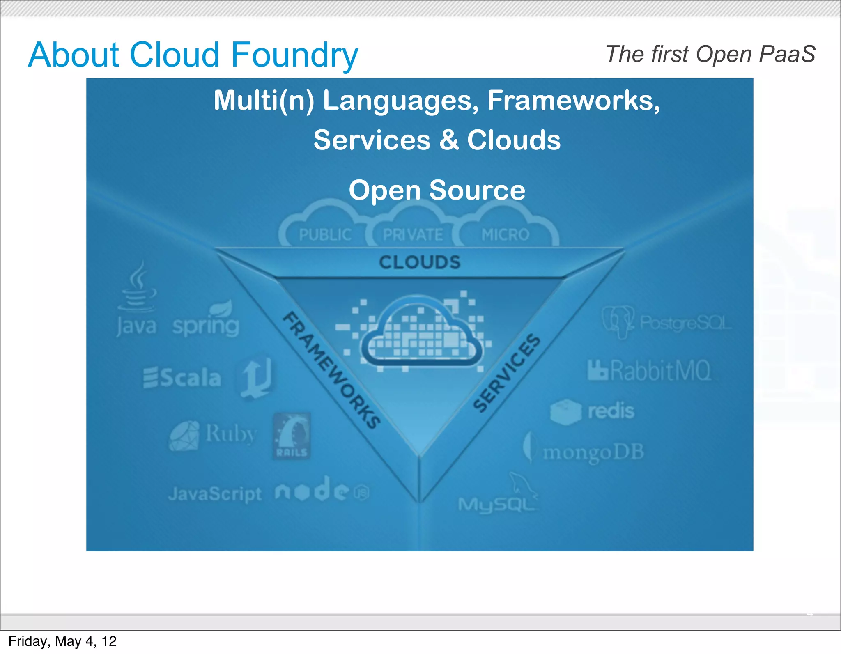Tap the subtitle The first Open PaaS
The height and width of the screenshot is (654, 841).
tap(710, 54)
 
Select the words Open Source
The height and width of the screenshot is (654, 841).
tap(437, 190)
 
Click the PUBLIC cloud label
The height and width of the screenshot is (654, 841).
tap(325, 235)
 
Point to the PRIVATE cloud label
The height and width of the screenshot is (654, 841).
tap(413, 235)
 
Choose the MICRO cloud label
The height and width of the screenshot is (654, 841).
tap(505, 235)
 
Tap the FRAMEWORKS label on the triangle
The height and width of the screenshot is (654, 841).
tap(331, 369)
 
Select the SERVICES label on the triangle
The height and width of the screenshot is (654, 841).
tap(507, 372)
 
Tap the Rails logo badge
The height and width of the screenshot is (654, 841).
tap(292, 436)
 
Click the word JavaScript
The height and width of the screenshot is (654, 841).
tap(215, 494)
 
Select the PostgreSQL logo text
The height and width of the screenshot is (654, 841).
tap(685, 324)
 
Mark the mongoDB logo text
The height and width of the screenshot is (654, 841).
tap(593, 452)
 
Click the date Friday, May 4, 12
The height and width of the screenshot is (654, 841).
tap(62, 641)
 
